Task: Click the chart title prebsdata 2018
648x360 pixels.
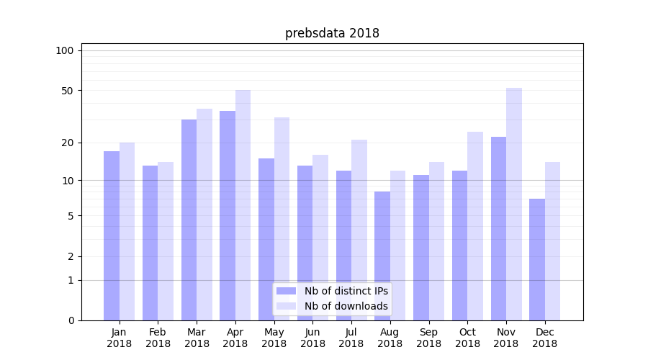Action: pyautogui.click(x=332, y=33)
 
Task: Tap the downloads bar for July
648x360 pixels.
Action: pyautogui.click(x=359, y=230)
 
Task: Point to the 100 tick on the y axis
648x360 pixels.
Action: pyautogui.click(x=65, y=50)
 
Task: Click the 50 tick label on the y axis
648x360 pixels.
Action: pyautogui.click(x=68, y=91)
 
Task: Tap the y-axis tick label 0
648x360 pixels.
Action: pyautogui.click(x=71, y=320)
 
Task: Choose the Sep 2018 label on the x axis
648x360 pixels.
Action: pyautogui.click(x=428, y=338)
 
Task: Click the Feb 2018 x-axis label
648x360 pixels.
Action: pyautogui.click(x=158, y=338)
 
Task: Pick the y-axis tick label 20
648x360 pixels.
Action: pyautogui.click(x=68, y=143)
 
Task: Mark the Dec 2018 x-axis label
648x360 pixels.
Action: pyautogui.click(x=544, y=338)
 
